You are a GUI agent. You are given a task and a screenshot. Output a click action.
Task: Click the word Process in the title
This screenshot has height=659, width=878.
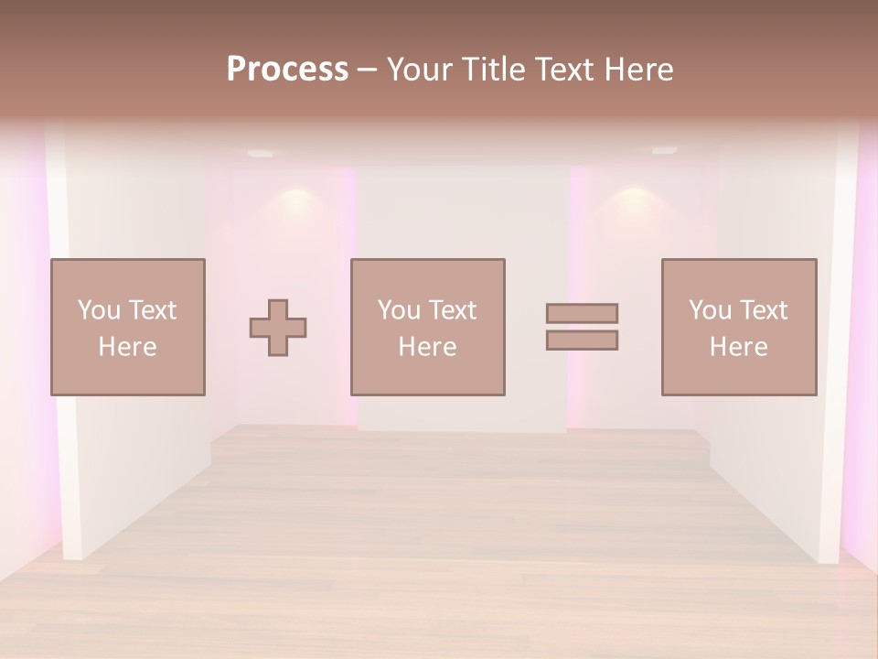point(287,70)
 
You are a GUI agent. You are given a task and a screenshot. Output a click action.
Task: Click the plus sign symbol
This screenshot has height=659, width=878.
point(278,328)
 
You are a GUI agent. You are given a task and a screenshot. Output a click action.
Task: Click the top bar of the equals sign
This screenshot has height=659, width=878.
point(582,313)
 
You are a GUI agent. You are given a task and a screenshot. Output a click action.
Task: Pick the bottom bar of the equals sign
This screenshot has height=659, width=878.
point(582,340)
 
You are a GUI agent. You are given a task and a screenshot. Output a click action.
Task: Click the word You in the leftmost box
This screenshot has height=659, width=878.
point(99,310)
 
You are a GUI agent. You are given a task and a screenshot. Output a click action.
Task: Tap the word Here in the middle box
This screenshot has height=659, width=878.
point(428,347)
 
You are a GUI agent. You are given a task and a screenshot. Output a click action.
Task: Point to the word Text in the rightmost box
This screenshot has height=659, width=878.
point(763,310)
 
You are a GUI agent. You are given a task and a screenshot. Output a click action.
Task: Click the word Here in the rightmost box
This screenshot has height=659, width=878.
point(739,347)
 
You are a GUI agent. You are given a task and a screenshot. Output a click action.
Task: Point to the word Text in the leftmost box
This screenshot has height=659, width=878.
point(152,310)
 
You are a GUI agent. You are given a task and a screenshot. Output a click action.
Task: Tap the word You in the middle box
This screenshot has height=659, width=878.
point(399,310)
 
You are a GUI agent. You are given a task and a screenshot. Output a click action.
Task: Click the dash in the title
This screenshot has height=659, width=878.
point(368,70)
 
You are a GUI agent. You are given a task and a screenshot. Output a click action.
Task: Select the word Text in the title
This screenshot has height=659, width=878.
point(559,70)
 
